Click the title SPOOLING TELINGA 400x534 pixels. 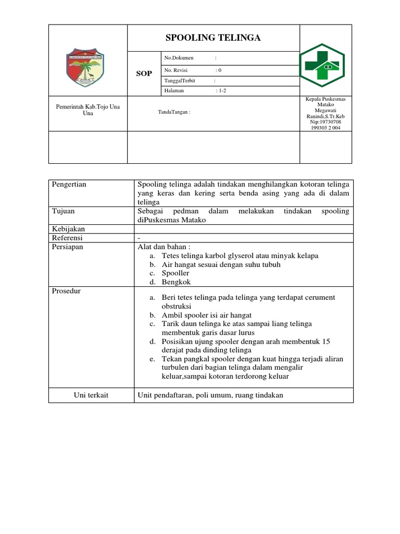pos(213,38)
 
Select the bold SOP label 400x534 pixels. pos(144,74)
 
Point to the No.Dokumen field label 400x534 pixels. pos(179,57)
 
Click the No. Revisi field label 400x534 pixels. pos(177,70)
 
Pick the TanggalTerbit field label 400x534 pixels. pos(180,81)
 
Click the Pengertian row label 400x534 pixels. pos(69,184)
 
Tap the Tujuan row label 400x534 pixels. pos(63,211)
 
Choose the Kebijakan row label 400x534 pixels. pos(68,229)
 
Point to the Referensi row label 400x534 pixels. pos(67,238)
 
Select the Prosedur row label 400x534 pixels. pos(66,291)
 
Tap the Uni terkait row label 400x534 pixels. pos(91,395)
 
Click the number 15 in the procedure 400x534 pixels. pos(327,342)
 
